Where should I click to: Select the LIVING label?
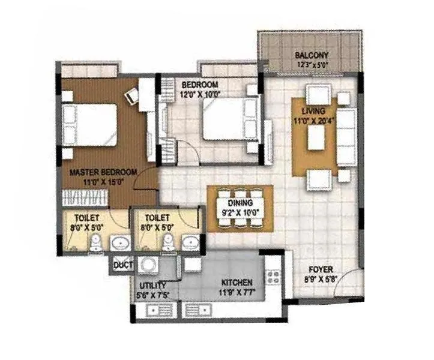click(x=314, y=111)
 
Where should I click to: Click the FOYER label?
click(x=321, y=270)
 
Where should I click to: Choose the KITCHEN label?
click(x=237, y=282)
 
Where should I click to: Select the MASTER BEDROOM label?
click(x=103, y=172)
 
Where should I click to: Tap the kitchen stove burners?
click(x=274, y=278)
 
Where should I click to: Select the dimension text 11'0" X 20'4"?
click(x=314, y=120)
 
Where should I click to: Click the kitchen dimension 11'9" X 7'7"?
click(x=237, y=292)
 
